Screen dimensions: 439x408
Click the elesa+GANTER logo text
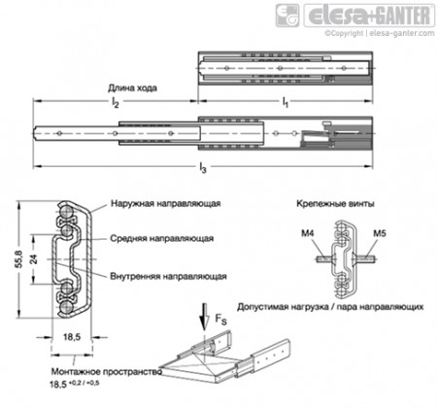coord(369,16)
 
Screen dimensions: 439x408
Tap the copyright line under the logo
coord(380,33)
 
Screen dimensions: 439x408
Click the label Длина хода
coord(132,88)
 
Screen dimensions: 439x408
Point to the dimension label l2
coord(116,102)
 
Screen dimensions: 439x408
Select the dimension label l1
coord(286,102)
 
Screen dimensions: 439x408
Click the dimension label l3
coord(203,168)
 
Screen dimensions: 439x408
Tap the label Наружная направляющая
coord(165,204)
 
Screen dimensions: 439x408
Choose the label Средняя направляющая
coord(161,239)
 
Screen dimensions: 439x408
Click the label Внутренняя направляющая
coord(168,276)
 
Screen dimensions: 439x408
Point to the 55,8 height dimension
coord(19,259)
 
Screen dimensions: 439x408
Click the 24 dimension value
coord(34,259)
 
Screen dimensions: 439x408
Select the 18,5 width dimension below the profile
coord(72,337)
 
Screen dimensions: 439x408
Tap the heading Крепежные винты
coord(336,204)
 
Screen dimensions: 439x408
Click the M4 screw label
coord(308,233)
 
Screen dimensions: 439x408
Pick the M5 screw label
coord(380,233)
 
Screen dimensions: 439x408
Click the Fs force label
coord(220,320)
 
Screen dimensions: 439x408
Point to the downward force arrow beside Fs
coord(204,317)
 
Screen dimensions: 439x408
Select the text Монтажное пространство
coord(107,372)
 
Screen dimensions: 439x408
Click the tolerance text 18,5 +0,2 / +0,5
coord(75,384)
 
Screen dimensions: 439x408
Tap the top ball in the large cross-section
coord(67,211)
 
